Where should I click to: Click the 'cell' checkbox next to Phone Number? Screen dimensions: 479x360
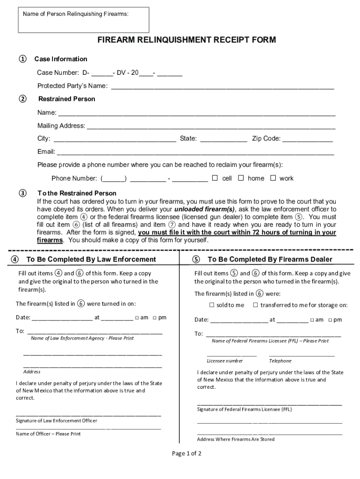tap(215, 178)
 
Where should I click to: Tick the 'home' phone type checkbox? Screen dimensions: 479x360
tap(241, 178)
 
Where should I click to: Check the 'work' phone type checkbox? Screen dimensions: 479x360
tap(273, 178)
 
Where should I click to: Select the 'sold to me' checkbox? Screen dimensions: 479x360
tap(211, 305)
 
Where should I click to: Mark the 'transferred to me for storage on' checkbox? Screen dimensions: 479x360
tap(255, 305)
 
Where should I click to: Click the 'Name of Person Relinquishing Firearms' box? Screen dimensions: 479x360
tap(84, 20)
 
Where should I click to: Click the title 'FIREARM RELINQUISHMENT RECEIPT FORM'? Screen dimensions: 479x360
tap(187, 40)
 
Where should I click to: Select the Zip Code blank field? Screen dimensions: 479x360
tap(308, 139)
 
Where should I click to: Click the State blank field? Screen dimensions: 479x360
tap(223, 139)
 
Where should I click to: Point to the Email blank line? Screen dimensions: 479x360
tap(195, 152)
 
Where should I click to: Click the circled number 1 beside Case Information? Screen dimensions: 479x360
tap(22, 59)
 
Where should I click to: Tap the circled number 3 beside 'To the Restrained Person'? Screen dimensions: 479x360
tap(22, 193)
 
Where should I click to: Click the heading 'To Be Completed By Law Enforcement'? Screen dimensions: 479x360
tap(91, 259)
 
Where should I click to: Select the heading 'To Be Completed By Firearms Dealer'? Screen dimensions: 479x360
tap(270, 259)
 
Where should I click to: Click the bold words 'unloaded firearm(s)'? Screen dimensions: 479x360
tap(204, 209)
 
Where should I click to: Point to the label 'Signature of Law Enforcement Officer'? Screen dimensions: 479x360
tap(57, 421)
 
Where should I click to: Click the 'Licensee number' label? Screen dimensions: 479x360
tap(225, 361)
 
